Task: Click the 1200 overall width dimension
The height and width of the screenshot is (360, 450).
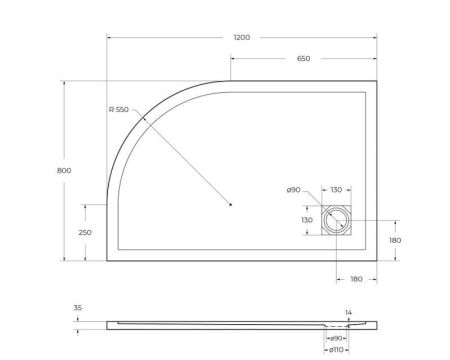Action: (241, 37)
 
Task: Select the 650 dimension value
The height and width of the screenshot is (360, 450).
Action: (303, 58)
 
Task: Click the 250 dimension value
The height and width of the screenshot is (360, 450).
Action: (86, 232)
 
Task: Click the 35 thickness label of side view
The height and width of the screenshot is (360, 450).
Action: (78, 309)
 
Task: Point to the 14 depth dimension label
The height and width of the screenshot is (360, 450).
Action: (348, 313)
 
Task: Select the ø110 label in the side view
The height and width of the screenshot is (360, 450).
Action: (335, 351)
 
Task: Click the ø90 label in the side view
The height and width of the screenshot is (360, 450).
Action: (337, 338)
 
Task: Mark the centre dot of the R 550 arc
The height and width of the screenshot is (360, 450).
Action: (230, 205)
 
